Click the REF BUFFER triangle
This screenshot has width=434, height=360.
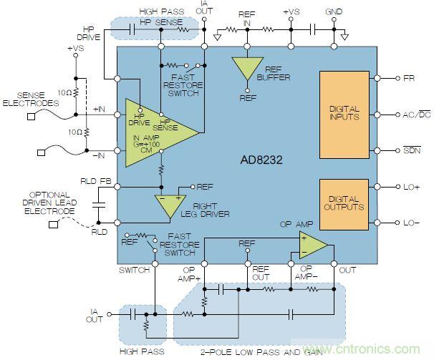(x=246, y=68)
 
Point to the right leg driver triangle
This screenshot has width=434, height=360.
(x=170, y=205)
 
